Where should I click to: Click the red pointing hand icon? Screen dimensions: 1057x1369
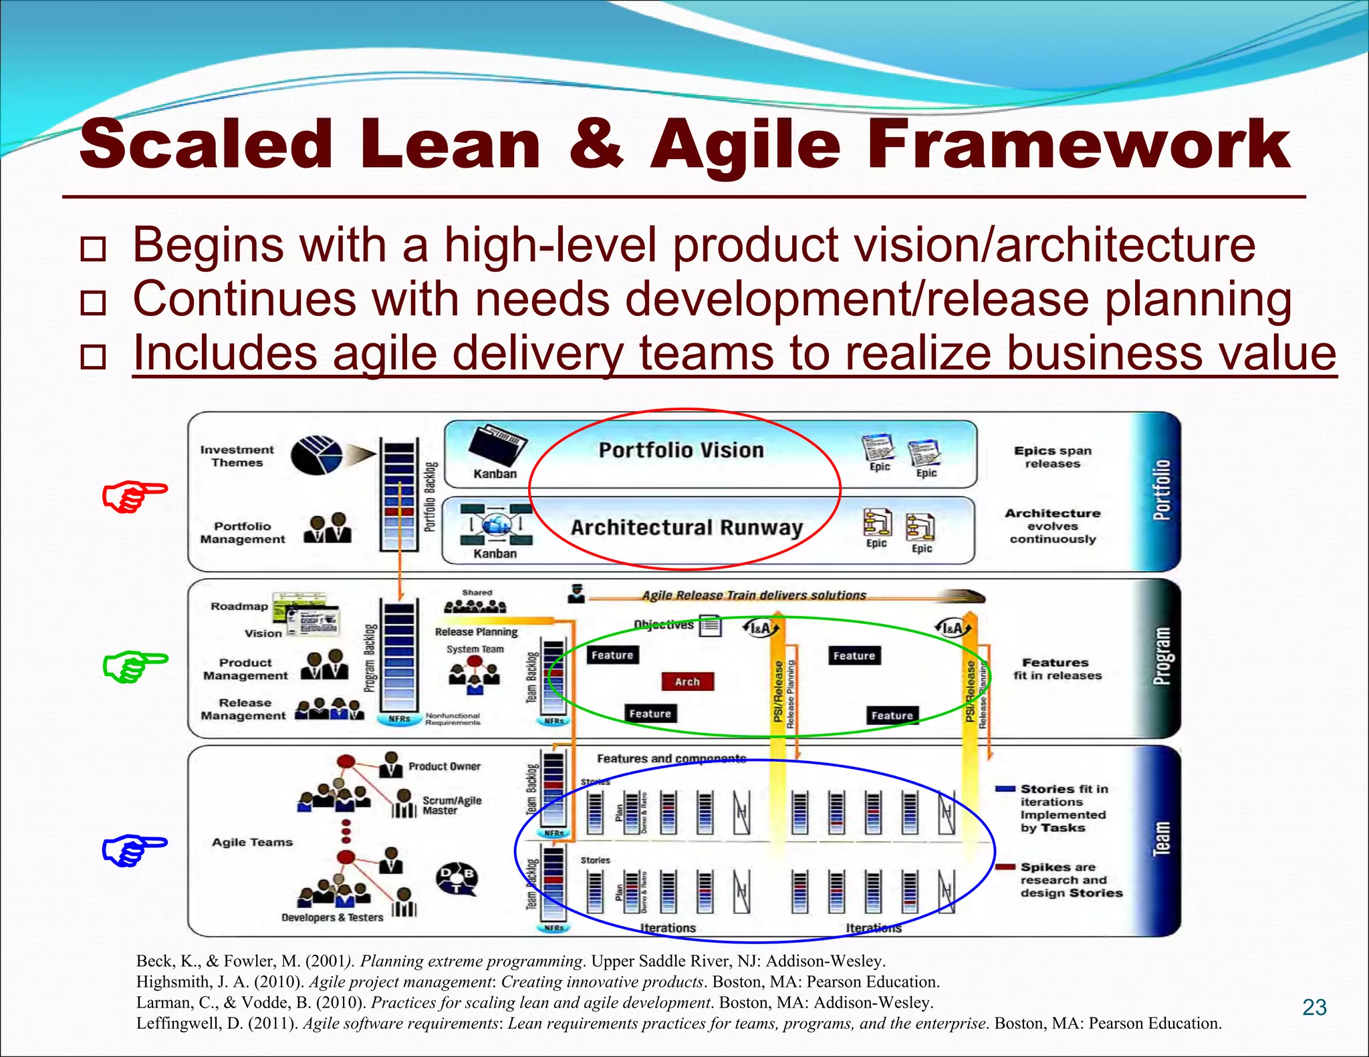[x=134, y=496]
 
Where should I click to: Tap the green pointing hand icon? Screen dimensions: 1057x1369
[x=134, y=665]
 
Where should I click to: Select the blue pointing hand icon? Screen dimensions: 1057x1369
[x=134, y=850]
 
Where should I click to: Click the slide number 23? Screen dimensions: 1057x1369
[x=1314, y=1008]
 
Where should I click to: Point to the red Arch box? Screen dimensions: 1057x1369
[x=687, y=682]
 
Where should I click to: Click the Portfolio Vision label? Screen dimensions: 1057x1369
[x=680, y=450]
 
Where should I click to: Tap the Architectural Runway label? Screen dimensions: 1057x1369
[x=687, y=528]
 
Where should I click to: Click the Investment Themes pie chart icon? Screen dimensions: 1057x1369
[x=316, y=456]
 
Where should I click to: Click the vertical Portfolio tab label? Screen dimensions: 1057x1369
[x=1162, y=490]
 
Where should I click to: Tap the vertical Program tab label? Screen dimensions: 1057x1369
[x=1162, y=656]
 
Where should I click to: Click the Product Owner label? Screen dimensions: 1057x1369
[x=445, y=766]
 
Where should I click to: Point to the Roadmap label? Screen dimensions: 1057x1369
[x=239, y=607]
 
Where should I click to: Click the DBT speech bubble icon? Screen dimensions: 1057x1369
[x=457, y=879]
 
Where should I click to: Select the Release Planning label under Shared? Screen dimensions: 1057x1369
[x=476, y=632]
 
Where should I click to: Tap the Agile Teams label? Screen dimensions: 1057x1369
[x=252, y=843]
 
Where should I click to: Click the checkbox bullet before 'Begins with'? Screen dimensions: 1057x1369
[x=93, y=249]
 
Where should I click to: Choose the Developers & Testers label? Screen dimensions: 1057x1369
[x=332, y=917]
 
